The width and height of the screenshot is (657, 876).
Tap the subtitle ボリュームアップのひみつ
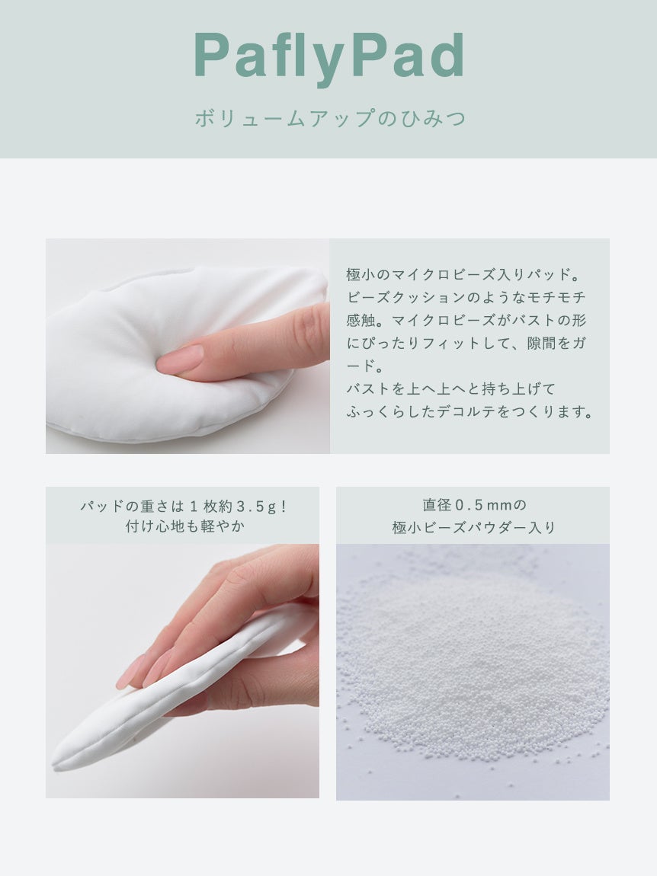[x=330, y=118]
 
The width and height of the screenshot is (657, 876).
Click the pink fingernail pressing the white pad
[x=181, y=359]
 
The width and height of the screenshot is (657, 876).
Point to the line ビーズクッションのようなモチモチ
[x=466, y=297]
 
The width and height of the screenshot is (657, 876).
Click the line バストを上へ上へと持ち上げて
[x=450, y=388]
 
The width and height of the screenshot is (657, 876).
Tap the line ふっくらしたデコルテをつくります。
[x=469, y=412]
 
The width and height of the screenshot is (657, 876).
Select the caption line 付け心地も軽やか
[x=185, y=526]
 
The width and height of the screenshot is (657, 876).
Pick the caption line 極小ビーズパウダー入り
[x=473, y=527]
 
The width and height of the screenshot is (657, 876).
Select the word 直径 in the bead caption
[x=437, y=505]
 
